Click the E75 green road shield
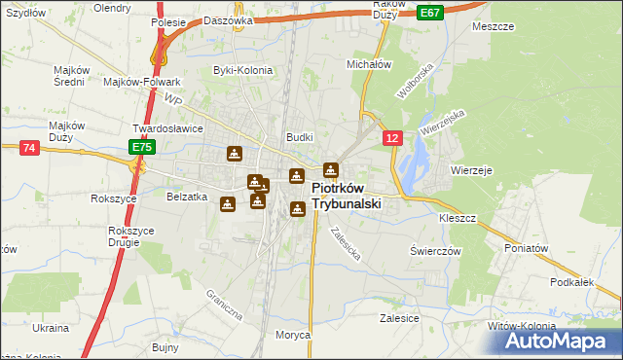coord(141,147)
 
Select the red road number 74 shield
coord(28,147)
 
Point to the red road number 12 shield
coord(391,139)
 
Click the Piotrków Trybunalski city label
coord(346,197)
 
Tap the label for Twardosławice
coord(166,127)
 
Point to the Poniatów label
coord(529,248)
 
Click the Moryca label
coord(292,334)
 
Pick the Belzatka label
coord(188,196)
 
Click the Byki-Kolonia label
coord(241,71)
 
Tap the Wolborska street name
coord(413,84)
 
